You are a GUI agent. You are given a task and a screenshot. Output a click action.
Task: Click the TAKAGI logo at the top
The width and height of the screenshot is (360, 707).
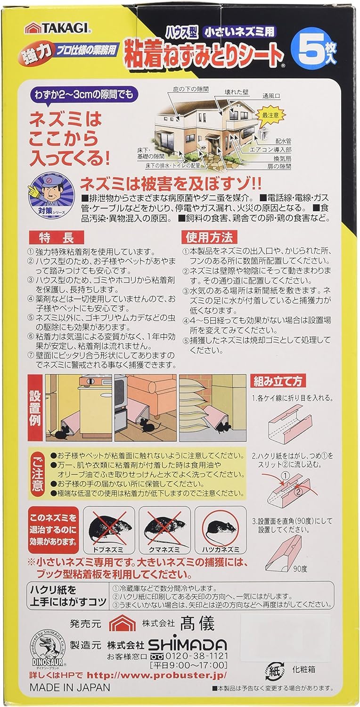[x=59, y=29]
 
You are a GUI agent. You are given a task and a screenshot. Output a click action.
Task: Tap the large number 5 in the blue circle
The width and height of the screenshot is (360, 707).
[x=311, y=49]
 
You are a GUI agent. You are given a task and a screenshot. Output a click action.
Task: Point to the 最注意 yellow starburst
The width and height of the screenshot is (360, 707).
[x=271, y=115]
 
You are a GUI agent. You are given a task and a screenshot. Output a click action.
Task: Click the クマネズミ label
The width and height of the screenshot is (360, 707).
[x=164, y=550]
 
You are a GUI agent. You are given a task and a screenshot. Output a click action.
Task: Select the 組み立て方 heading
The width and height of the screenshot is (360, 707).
[x=278, y=381]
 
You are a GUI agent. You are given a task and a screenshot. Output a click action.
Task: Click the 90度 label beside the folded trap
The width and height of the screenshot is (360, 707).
[x=300, y=569]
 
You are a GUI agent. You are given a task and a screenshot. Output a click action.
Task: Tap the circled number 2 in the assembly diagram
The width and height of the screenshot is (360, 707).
[x=299, y=491]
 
